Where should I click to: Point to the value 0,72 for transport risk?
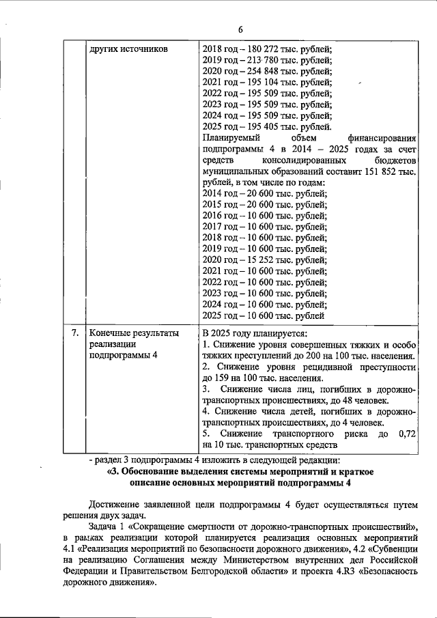click(x=407, y=434)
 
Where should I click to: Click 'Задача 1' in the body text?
click(x=107, y=528)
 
